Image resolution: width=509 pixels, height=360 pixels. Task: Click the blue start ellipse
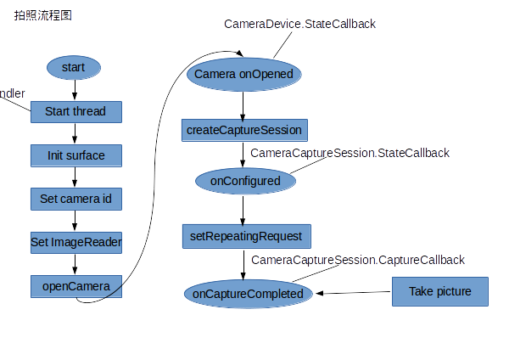(x=74, y=68)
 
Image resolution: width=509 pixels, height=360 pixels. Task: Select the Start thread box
(x=76, y=112)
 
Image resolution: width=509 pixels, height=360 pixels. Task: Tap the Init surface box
(x=76, y=155)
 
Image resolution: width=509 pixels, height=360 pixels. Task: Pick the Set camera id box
(x=76, y=199)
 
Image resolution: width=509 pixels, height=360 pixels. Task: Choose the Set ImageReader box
(x=76, y=242)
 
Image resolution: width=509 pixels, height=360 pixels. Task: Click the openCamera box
(x=76, y=286)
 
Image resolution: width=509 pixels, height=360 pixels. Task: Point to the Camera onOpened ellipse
(x=244, y=75)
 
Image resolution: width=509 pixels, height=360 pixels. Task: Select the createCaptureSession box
(x=244, y=130)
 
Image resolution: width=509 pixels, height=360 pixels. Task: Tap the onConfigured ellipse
(x=245, y=181)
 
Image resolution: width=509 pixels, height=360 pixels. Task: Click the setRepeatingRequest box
(x=247, y=236)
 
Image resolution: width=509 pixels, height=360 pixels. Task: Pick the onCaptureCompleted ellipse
(x=249, y=294)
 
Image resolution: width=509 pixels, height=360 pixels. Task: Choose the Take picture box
(x=440, y=291)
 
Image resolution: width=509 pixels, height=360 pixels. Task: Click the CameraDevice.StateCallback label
(x=299, y=24)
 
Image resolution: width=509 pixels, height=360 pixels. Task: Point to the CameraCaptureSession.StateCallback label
(x=350, y=153)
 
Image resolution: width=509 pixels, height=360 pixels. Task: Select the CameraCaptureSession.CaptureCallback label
(x=358, y=260)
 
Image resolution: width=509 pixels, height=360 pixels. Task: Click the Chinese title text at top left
(x=43, y=15)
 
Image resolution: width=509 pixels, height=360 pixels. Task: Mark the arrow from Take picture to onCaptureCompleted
(x=353, y=292)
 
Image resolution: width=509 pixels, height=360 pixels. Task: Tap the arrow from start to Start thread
(x=75, y=90)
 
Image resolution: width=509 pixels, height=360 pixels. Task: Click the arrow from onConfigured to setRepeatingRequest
(x=243, y=209)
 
